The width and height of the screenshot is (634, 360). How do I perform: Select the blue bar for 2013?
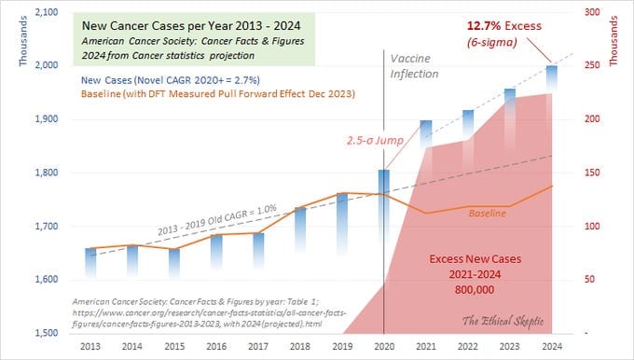click(x=90, y=262)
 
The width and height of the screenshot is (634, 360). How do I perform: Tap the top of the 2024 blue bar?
click(x=552, y=66)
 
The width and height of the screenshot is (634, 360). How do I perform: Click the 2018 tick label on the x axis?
click(x=300, y=346)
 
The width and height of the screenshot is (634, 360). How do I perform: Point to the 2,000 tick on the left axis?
click(x=47, y=64)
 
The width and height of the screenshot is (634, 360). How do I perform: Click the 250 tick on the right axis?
click(x=592, y=64)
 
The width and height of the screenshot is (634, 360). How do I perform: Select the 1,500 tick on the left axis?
click(x=47, y=333)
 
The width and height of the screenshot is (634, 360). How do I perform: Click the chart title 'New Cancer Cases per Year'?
click(x=158, y=26)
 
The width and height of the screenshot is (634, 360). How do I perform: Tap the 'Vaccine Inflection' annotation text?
click(x=414, y=66)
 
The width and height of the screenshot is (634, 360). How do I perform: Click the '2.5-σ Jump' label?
click(x=375, y=140)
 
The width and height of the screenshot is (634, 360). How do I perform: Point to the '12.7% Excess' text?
click(x=504, y=26)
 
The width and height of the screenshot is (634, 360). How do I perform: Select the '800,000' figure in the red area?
click(x=475, y=290)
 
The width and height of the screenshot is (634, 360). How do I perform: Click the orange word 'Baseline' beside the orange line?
click(x=488, y=214)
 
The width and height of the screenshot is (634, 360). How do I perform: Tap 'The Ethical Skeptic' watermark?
click(x=503, y=321)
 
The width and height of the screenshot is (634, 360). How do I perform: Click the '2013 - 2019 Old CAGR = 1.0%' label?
click(x=217, y=220)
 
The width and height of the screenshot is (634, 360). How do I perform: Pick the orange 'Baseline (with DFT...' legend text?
click(x=218, y=94)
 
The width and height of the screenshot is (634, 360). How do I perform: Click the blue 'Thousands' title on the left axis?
click(x=23, y=41)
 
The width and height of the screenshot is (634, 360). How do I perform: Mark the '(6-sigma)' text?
click(x=491, y=42)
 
